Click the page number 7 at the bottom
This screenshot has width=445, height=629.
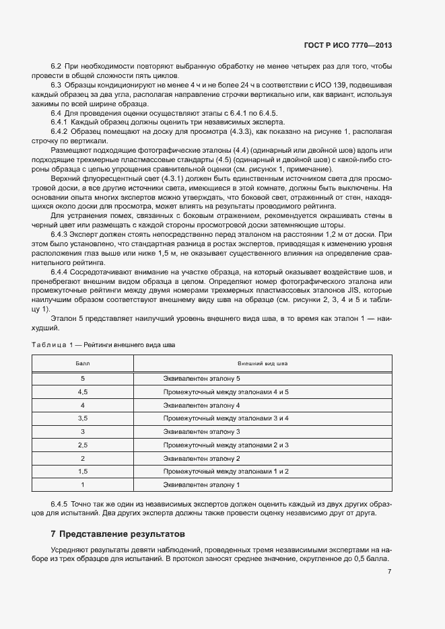pyautogui.click(x=390, y=572)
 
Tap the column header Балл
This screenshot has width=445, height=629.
pyautogui.click(x=82, y=363)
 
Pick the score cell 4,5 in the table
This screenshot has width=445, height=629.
pyautogui.click(x=83, y=392)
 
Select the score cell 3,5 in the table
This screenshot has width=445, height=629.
pyautogui.click(x=83, y=418)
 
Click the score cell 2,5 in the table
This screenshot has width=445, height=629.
pyautogui.click(x=83, y=445)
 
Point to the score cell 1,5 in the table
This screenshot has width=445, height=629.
pyautogui.click(x=83, y=471)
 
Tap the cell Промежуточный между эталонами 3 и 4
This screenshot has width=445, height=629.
pyautogui.click(x=226, y=418)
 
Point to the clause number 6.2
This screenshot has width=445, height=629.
pyautogui.click(x=57, y=67)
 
